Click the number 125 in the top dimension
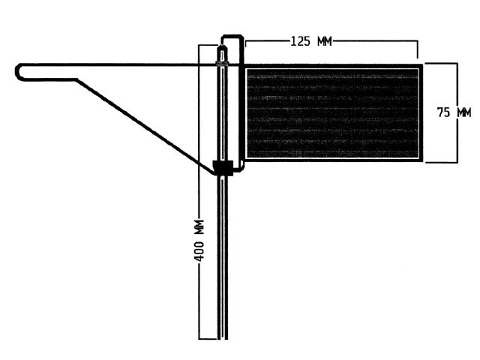(x=300, y=41)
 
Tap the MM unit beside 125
(x=325, y=41)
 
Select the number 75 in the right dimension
(x=443, y=112)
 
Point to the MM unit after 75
(x=464, y=112)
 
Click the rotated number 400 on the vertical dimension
(x=199, y=251)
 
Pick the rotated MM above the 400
(x=199, y=226)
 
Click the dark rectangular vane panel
(x=333, y=113)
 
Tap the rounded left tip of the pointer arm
(x=16, y=72)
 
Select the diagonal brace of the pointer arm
(x=145, y=126)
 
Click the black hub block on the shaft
(x=223, y=168)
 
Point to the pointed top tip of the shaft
(x=223, y=45)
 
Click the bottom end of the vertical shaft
(x=223, y=338)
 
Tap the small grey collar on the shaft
(x=223, y=64)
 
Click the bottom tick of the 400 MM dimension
(x=208, y=339)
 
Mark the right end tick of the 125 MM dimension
(x=417, y=49)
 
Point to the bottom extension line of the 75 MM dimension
(x=441, y=162)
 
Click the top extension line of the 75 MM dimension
(x=441, y=63)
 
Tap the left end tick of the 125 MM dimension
(x=246, y=43)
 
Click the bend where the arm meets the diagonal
(x=76, y=79)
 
